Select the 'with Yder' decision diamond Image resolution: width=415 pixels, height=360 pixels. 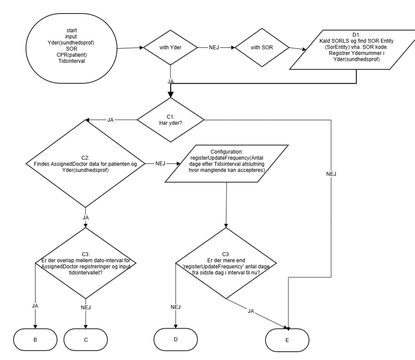(x=170, y=47)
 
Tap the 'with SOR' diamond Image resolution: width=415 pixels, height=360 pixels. (x=261, y=47)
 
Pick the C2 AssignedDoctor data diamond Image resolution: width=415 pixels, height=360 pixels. (x=85, y=164)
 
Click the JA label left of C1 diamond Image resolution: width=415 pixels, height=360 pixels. (x=111, y=120)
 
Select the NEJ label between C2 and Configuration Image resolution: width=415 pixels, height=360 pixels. (x=160, y=164)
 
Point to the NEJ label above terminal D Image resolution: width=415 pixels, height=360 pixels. (x=176, y=307)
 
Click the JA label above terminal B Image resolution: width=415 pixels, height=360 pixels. (x=35, y=305)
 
